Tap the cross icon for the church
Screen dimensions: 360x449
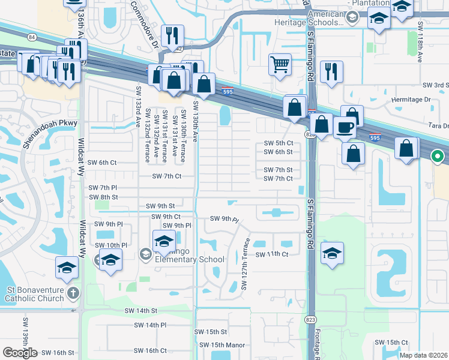(x=73, y=293)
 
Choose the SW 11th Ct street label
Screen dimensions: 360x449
(x=272, y=254)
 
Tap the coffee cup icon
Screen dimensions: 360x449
(x=345, y=127)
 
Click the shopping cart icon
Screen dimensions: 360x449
(x=280, y=64)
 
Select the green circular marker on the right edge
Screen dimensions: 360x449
(x=438, y=157)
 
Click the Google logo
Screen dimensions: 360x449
(x=20, y=352)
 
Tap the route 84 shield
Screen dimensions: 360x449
(x=31, y=37)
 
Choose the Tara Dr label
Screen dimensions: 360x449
(x=438, y=126)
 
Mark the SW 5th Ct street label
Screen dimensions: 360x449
(x=279, y=143)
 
